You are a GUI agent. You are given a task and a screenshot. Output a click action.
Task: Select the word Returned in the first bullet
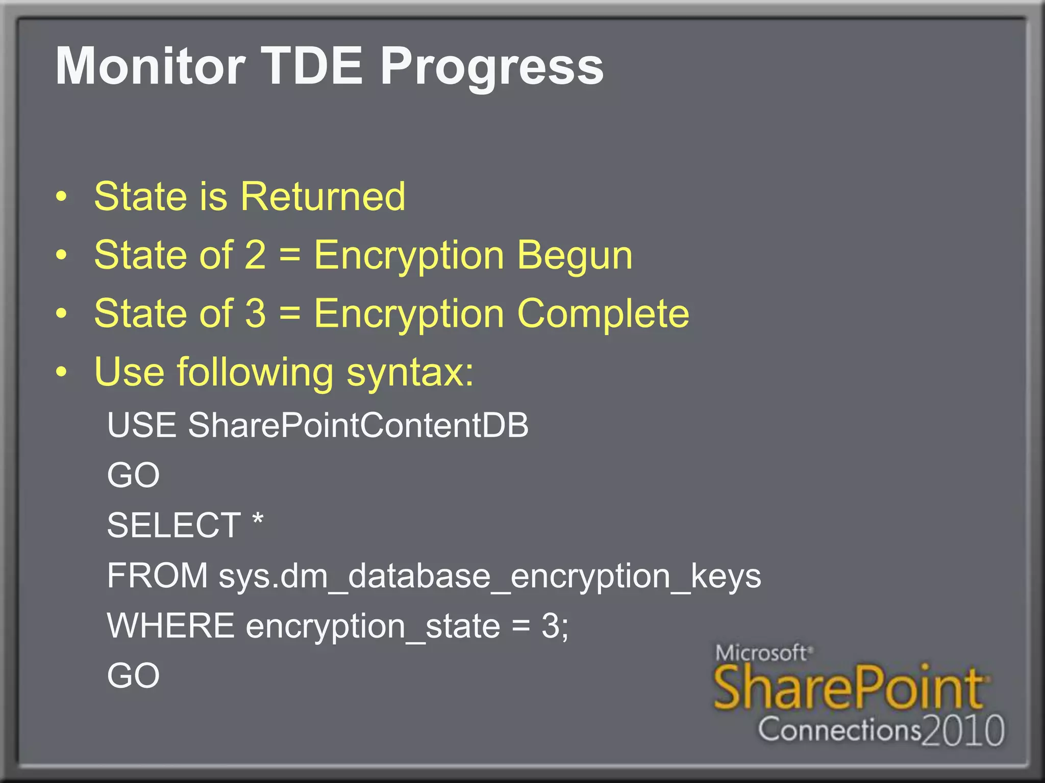323,197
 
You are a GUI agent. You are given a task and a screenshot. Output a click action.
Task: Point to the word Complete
603,314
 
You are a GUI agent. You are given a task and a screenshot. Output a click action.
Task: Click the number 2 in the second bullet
255,255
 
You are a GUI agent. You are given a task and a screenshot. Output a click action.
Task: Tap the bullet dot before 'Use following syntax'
61,372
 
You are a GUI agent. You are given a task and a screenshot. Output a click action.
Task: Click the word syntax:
410,373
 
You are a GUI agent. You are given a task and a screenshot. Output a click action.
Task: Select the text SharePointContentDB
358,425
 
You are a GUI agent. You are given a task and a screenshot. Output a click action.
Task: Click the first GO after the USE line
133,475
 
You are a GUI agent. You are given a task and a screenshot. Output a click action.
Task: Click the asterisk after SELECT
258,520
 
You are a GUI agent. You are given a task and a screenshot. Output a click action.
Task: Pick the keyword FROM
157,576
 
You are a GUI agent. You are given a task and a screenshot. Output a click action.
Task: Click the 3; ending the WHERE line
555,626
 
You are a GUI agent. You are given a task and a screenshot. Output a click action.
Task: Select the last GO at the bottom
133,676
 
